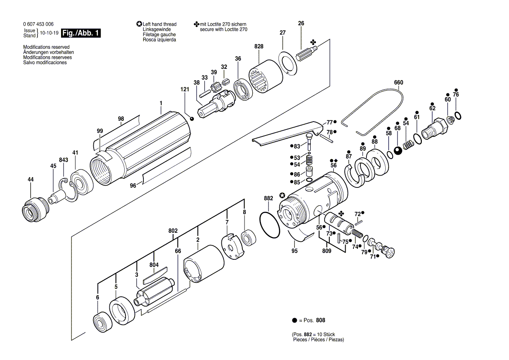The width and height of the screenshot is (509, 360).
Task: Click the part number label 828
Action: click(259, 47)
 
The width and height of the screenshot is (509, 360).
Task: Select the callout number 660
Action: click(398, 82)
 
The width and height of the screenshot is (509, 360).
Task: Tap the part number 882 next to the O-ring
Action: click(268, 198)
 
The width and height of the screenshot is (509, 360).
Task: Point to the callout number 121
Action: click(185, 89)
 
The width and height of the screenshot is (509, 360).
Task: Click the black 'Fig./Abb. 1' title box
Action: click(81, 33)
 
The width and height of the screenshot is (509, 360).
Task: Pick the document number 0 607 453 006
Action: click(38, 24)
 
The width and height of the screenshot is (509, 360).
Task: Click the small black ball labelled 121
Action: click(191, 119)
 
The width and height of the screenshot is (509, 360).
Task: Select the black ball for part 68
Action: click(397, 151)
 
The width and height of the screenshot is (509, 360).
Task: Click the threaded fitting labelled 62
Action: click(432, 128)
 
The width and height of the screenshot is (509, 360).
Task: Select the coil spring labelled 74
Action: click(357, 237)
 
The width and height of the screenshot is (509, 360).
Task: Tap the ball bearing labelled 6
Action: click(102, 323)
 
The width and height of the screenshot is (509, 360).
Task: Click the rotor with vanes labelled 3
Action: click(155, 296)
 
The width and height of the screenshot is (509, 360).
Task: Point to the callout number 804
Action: click(154, 265)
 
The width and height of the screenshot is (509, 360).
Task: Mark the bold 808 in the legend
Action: click(320, 320)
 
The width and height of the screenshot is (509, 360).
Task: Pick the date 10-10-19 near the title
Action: click(49, 33)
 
